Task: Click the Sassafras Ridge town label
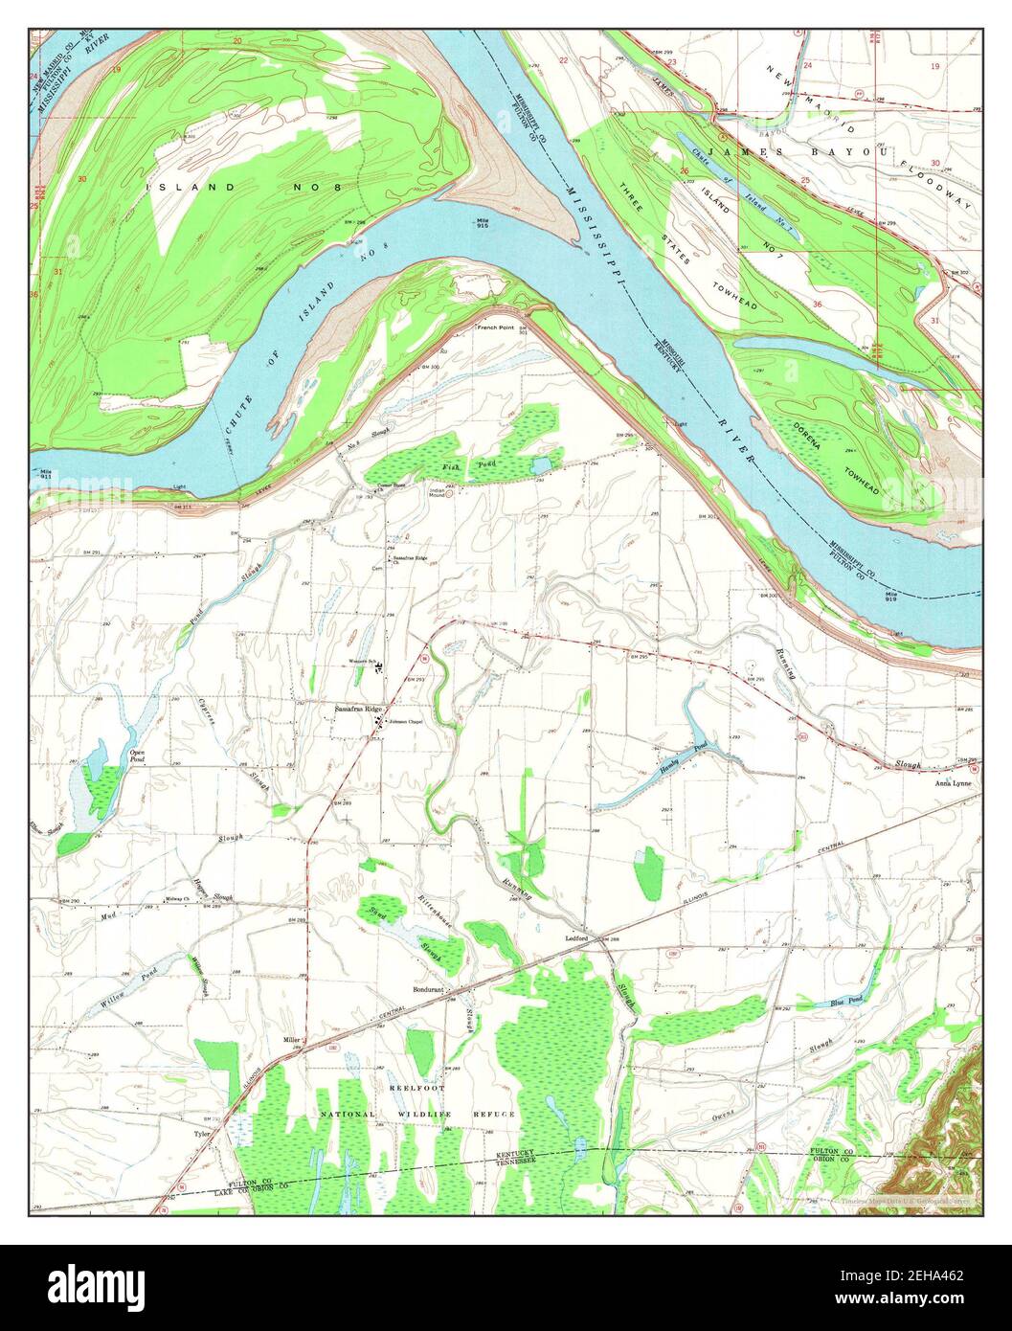(357, 709)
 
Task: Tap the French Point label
(496, 327)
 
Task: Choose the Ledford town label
(575, 938)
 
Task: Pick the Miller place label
(291, 1040)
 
